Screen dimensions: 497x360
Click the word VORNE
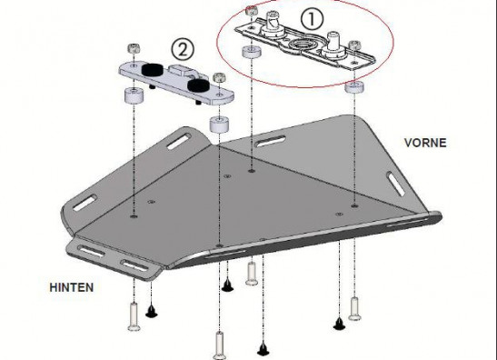click(x=425, y=143)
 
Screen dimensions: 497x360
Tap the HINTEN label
click(x=72, y=287)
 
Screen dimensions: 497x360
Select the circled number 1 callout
click(x=312, y=18)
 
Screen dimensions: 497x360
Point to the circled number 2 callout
click(x=183, y=49)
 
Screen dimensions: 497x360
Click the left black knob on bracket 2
click(x=152, y=69)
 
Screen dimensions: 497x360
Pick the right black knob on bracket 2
click(x=197, y=85)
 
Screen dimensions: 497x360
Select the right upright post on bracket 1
click(x=333, y=44)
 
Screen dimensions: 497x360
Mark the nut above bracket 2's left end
click(x=134, y=48)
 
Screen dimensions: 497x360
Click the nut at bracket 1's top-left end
click(x=251, y=10)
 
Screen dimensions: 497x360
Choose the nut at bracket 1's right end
click(x=353, y=45)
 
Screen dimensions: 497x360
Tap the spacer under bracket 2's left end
click(x=134, y=95)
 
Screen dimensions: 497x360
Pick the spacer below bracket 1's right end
click(x=354, y=87)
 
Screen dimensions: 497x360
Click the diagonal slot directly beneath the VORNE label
click(x=395, y=184)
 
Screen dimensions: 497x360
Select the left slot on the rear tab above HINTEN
click(x=93, y=251)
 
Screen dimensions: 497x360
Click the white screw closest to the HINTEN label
click(x=134, y=316)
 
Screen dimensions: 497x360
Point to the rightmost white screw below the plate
click(x=354, y=308)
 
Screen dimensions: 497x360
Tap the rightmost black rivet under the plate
click(x=339, y=324)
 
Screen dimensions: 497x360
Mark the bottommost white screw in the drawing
click(x=219, y=345)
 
